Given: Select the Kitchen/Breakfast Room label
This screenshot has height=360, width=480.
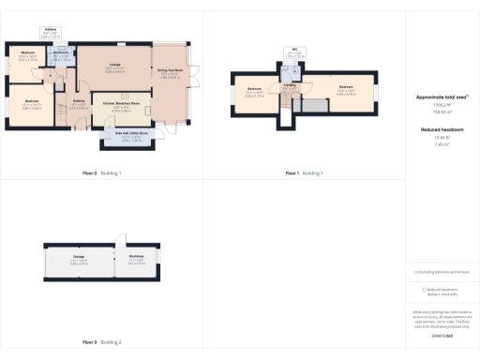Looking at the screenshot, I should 121,107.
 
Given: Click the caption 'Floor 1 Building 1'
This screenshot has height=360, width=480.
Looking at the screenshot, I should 304,173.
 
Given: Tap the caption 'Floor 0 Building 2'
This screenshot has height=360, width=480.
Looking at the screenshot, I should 101,342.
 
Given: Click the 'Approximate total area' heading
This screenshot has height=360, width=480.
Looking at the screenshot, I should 442,97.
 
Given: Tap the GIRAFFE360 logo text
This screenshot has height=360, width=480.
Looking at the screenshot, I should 442,335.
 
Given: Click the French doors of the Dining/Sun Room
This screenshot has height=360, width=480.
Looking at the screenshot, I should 192,71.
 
